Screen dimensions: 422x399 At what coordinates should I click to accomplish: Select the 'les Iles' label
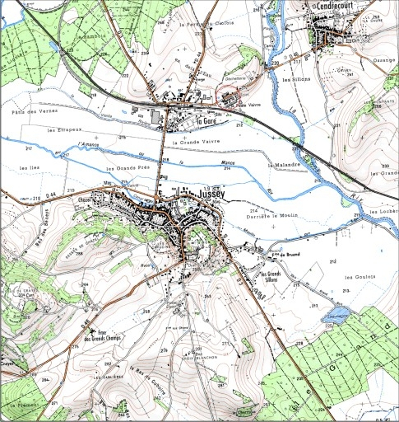pos(34,167)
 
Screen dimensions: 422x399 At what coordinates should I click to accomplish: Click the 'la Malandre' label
pos(283,165)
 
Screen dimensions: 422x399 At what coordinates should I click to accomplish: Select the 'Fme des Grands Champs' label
pos(98,333)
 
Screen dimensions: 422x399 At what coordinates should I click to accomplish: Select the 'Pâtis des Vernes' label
pos(30,111)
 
